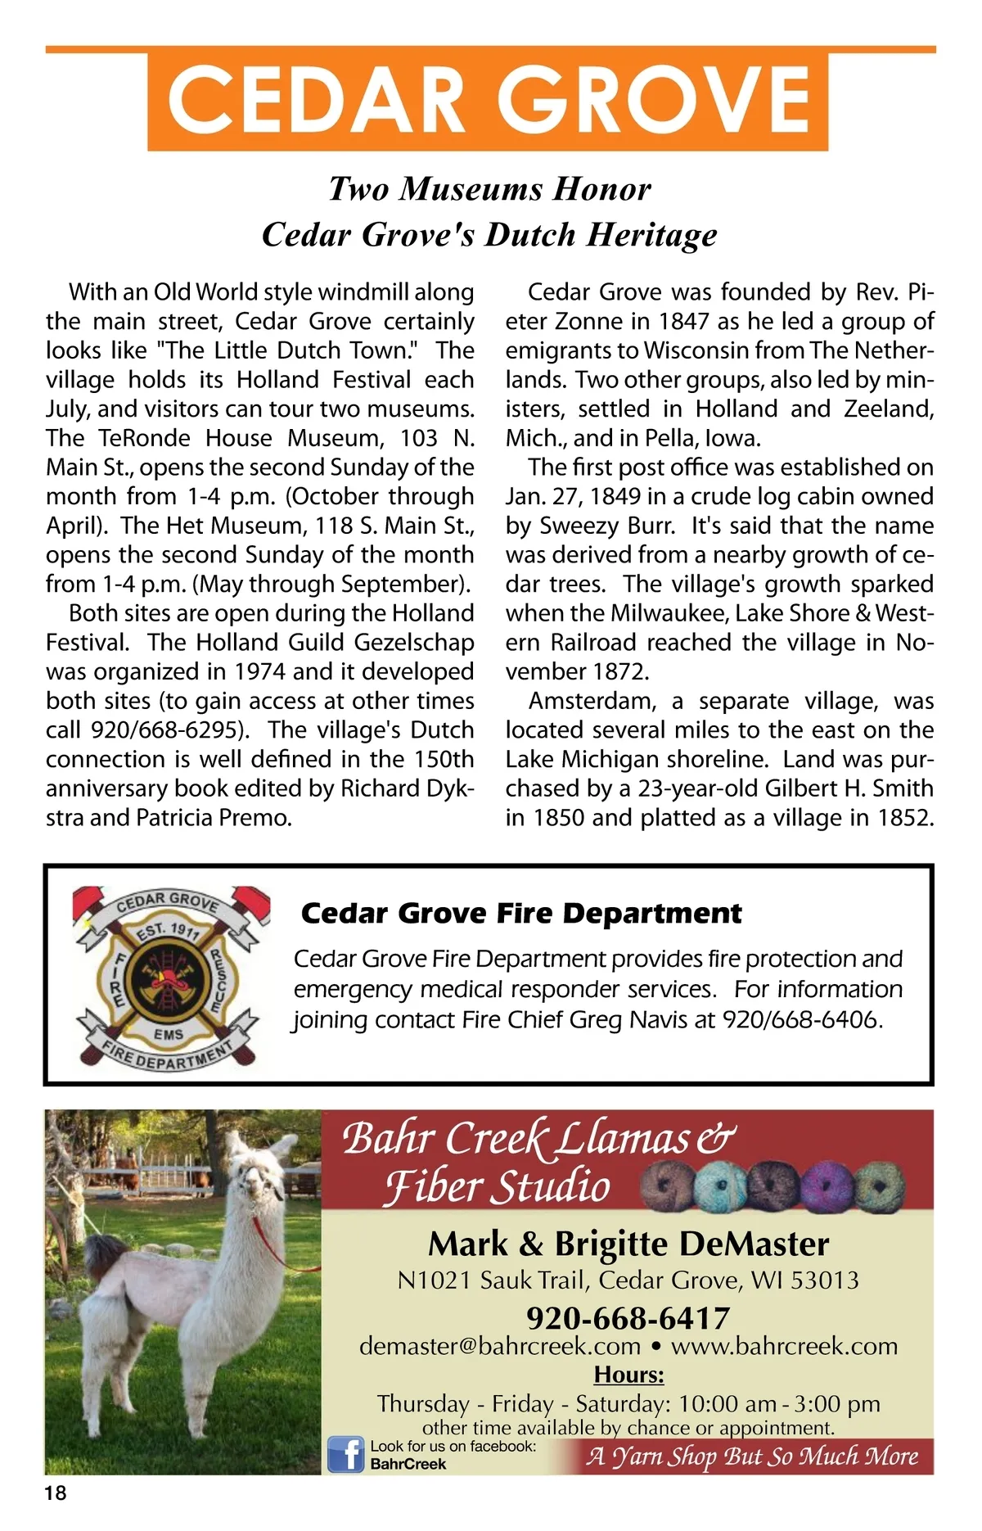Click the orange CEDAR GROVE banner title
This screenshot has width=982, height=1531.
click(x=489, y=100)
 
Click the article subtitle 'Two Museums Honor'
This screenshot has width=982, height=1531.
click(x=489, y=188)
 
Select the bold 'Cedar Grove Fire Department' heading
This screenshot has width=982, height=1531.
click(x=521, y=913)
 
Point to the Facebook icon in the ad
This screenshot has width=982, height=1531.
click(x=345, y=1454)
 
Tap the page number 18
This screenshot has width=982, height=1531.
click(x=56, y=1493)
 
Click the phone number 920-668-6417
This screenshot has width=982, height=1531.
click(x=628, y=1318)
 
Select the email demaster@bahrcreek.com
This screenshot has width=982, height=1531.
click(x=500, y=1347)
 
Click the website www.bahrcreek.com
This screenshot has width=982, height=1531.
click(x=784, y=1347)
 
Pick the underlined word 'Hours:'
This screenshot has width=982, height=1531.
click(x=628, y=1375)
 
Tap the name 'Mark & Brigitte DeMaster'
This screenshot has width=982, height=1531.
click(x=628, y=1244)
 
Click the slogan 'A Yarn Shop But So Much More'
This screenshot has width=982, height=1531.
click(x=752, y=1456)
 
